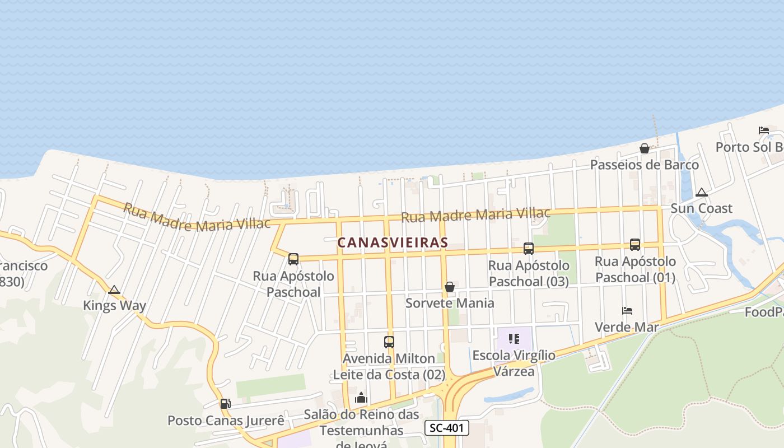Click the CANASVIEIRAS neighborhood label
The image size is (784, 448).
(393, 242)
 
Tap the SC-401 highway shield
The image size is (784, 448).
(446, 428)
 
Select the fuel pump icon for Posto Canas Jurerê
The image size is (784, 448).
(225, 403)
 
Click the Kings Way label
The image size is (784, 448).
(114, 306)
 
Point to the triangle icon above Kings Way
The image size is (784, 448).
(114, 290)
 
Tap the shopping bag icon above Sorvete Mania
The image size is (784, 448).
(449, 287)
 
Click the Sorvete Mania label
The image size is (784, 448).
(450, 303)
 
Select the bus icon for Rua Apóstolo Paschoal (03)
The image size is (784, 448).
(528, 249)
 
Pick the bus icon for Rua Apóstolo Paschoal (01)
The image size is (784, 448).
(634, 245)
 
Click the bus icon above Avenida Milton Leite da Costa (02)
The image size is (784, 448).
(389, 342)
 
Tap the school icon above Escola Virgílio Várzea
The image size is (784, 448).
(514, 338)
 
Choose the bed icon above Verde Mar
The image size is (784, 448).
(627, 311)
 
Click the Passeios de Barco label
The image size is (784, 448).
(644, 165)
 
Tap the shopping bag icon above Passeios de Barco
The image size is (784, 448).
(645, 148)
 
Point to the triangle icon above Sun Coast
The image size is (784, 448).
(701, 192)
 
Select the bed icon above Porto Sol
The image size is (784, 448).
(763, 130)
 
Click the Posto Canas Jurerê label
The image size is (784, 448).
(226, 421)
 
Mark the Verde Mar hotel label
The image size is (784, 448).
(627, 326)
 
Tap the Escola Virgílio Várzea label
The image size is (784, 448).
(514, 363)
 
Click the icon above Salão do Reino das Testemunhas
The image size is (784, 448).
(361, 398)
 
